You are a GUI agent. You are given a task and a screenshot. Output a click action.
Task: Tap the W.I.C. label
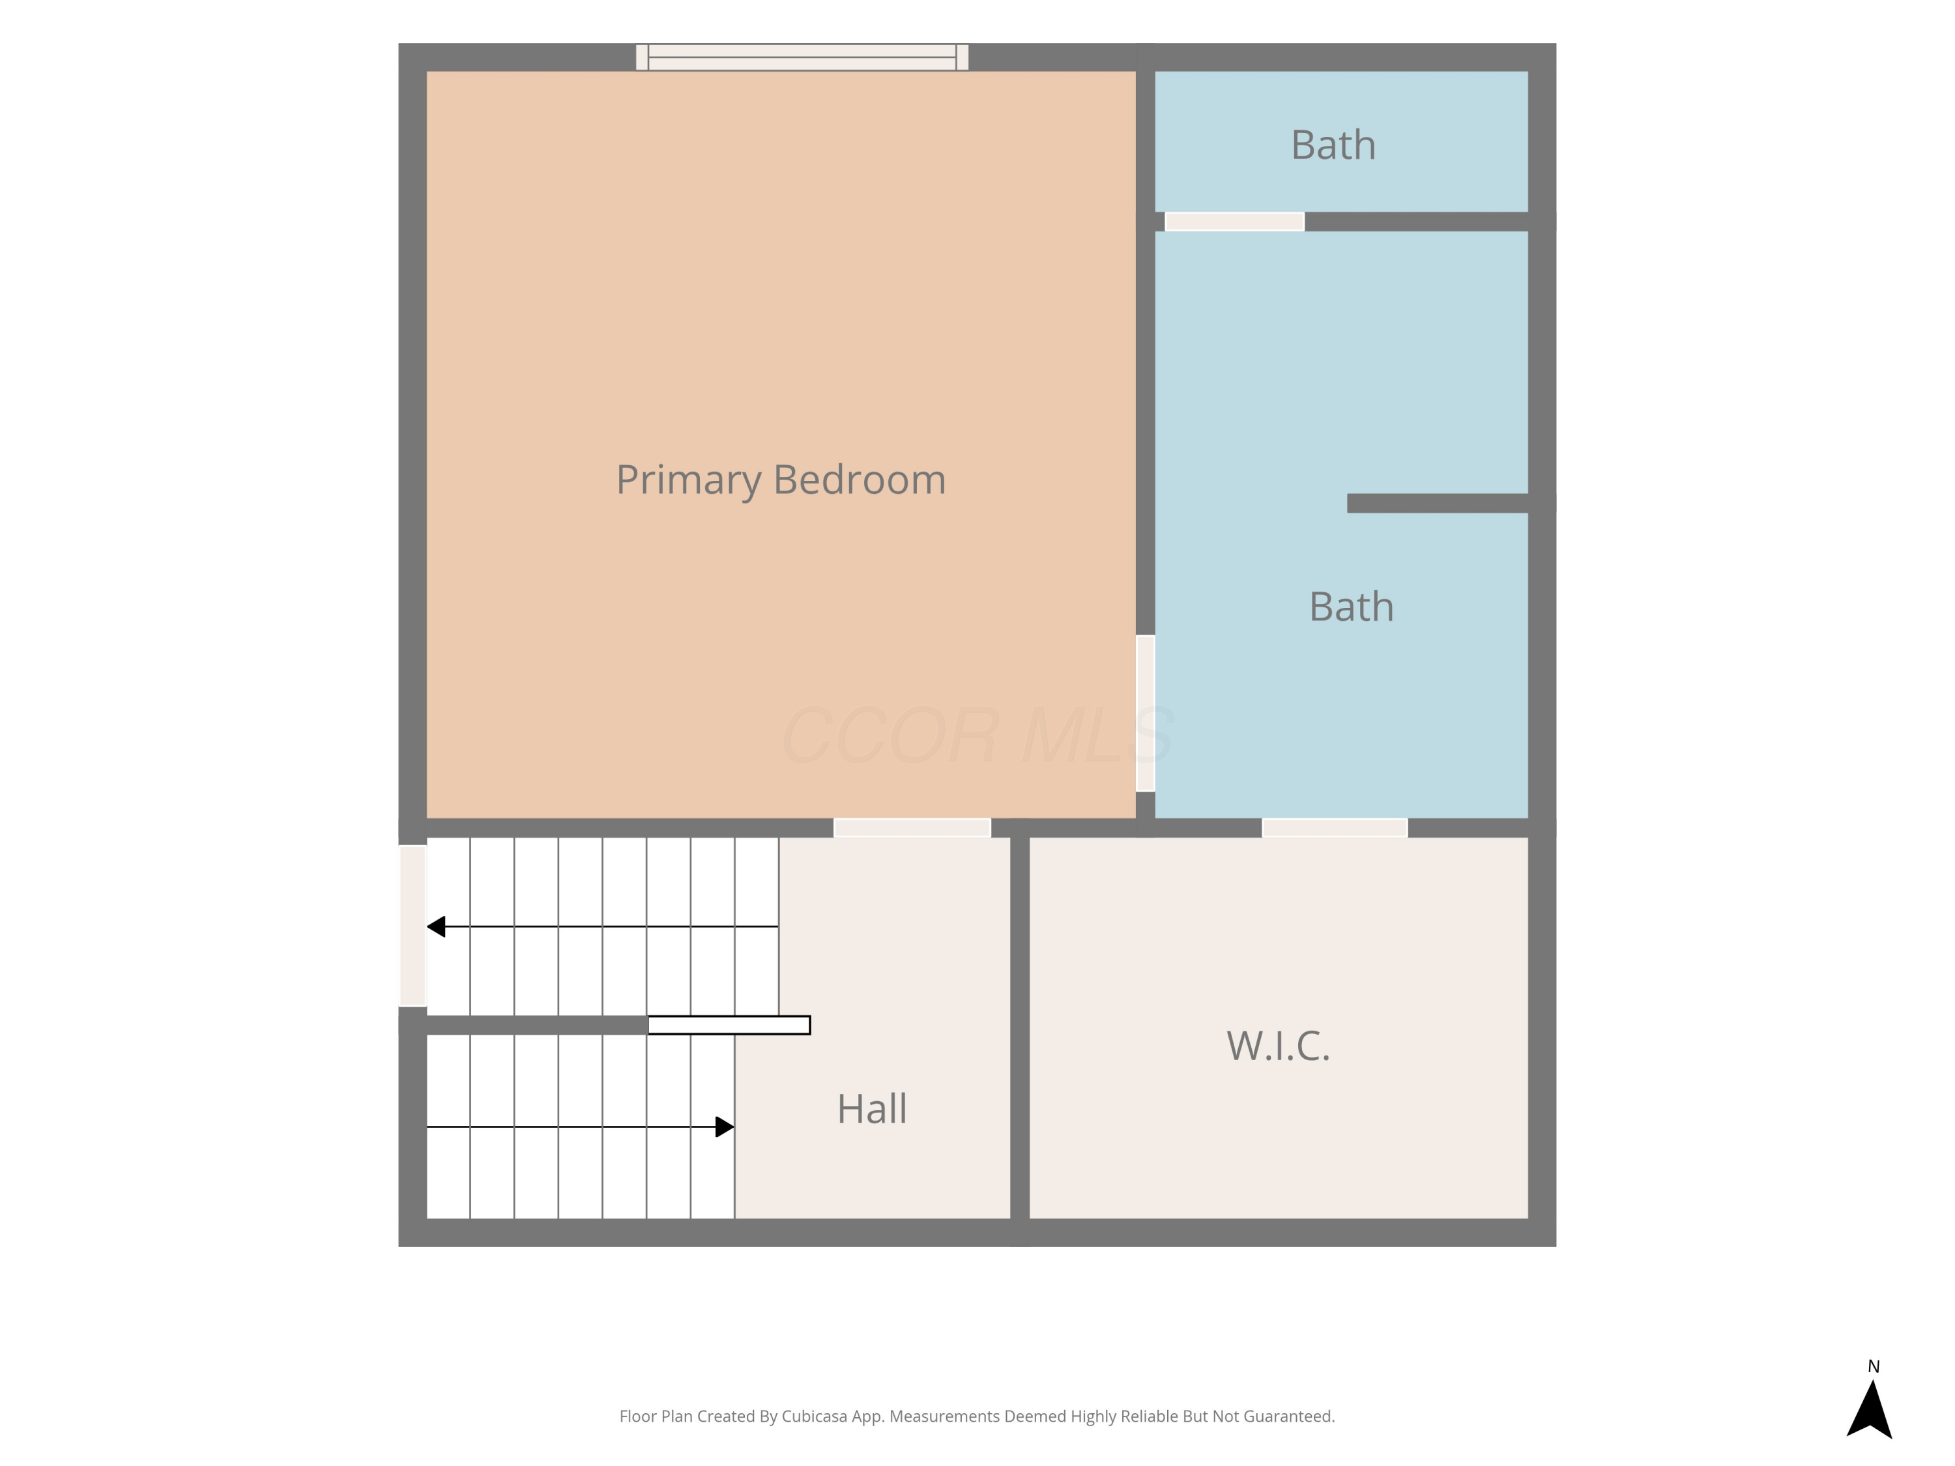(1278, 1046)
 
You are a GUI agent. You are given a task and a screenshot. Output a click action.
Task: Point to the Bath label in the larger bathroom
(1352, 607)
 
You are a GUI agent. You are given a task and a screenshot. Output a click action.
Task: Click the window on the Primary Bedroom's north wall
(802, 57)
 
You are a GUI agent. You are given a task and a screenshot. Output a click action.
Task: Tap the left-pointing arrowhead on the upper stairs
(436, 926)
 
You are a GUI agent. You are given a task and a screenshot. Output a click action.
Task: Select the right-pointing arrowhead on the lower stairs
(725, 1127)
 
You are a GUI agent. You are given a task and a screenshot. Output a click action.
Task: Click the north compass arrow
(1868, 1411)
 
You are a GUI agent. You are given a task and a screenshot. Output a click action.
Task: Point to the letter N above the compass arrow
(1873, 1366)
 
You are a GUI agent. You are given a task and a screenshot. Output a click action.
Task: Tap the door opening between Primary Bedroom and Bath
(1146, 712)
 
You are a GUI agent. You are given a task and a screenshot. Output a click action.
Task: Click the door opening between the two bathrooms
(1235, 222)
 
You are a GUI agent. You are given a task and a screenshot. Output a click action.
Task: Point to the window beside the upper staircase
(413, 925)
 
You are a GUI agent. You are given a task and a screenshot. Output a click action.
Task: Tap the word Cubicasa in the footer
(814, 1416)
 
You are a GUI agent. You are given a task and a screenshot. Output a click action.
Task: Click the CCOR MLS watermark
(977, 735)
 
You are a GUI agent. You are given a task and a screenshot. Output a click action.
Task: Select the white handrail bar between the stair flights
(729, 1025)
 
